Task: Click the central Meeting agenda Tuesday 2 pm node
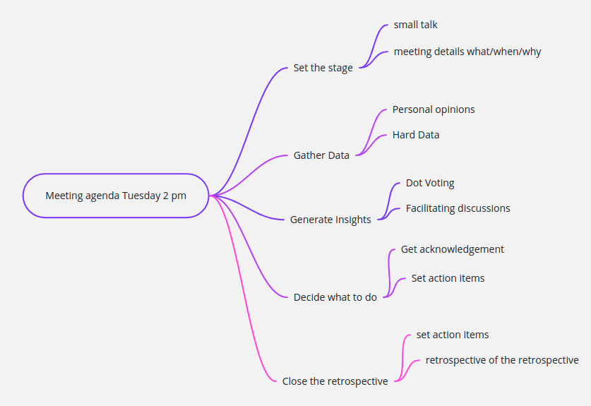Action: (116, 196)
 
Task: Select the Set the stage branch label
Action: (323, 68)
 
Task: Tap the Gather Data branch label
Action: (321, 155)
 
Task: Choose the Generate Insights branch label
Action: (330, 220)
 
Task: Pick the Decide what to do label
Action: (335, 297)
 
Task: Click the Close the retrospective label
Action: (335, 381)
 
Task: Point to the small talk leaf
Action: (416, 25)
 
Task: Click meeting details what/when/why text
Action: (467, 52)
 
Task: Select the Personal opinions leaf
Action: (434, 109)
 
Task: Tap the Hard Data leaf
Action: (416, 135)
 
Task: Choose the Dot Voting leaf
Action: (430, 183)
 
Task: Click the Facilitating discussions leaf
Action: (458, 208)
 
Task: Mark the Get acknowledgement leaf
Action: (453, 249)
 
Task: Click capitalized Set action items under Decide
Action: (448, 278)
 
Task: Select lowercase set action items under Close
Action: (453, 335)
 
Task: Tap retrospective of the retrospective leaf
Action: (502, 360)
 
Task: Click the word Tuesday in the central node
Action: (141, 196)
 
